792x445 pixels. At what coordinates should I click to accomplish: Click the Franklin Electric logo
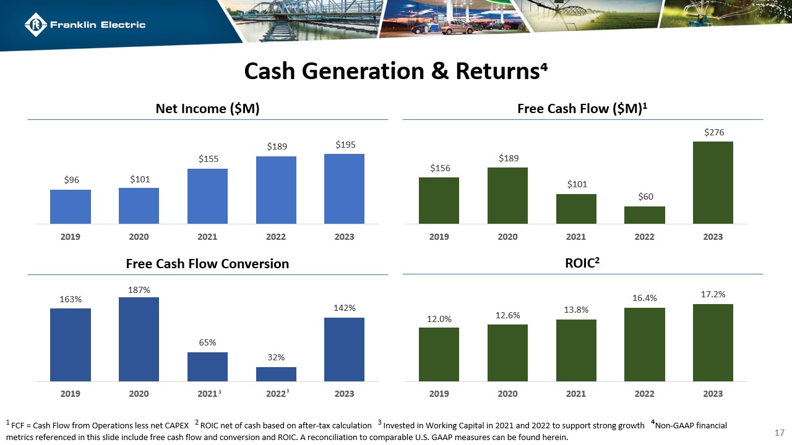85,25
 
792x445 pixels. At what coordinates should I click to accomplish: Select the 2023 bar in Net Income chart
345,189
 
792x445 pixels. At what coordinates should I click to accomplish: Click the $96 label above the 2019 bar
71,180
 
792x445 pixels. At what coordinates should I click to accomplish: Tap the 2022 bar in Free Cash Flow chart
644,215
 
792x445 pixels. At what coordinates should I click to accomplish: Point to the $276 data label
713,132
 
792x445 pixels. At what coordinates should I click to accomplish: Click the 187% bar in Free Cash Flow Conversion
139,339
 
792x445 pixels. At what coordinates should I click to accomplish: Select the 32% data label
276,357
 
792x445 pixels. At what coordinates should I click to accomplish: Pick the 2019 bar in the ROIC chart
439,354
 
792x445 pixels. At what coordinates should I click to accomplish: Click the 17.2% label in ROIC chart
713,294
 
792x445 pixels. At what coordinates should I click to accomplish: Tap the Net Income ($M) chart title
207,109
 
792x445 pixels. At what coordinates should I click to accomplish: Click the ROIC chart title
582,263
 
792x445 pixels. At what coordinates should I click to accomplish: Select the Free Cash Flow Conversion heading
207,264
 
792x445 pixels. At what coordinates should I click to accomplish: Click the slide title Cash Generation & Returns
396,72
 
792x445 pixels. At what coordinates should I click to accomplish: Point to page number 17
780,431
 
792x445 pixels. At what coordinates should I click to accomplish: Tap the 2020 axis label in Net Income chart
139,237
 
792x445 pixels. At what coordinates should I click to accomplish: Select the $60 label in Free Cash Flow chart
645,197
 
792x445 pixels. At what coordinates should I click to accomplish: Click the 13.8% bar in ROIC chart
576,350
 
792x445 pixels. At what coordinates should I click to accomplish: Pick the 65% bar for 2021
207,367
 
